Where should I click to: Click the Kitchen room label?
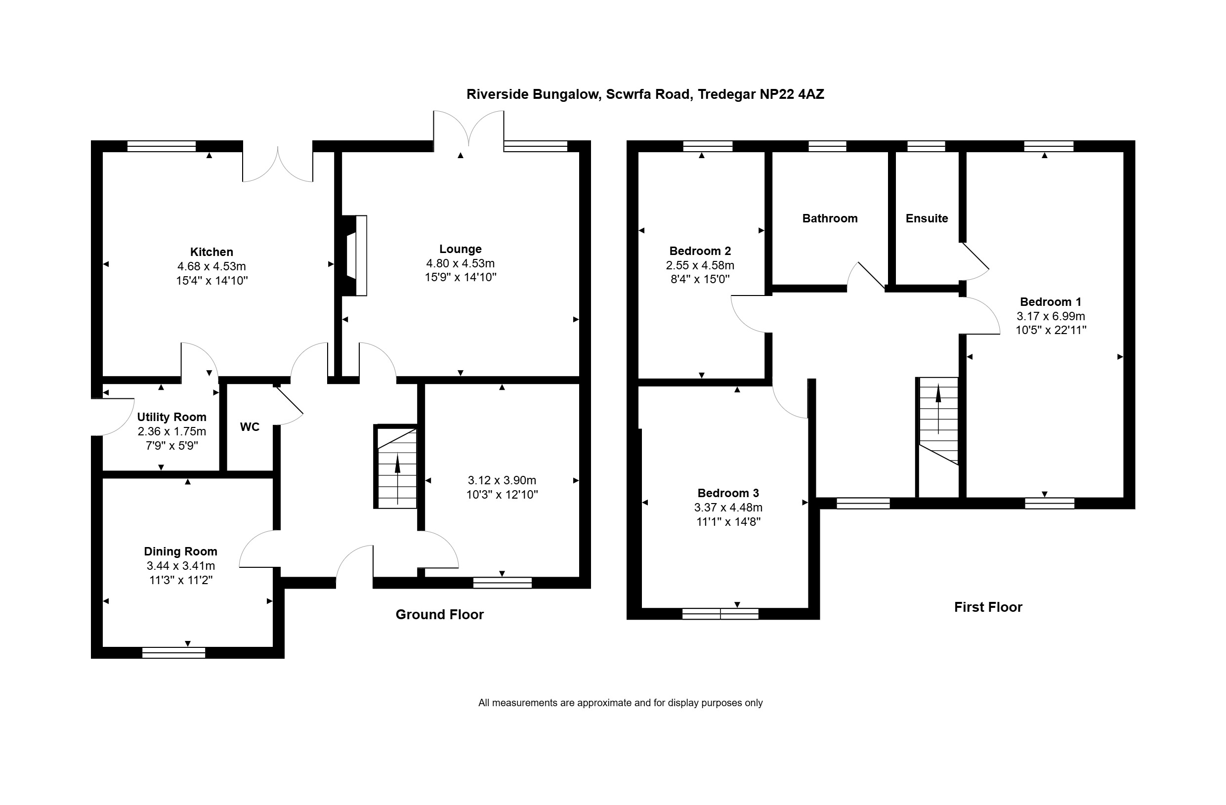coord(211,252)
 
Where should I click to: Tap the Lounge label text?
coord(461,249)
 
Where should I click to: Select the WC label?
coord(250,427)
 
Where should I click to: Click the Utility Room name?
coord(171,417)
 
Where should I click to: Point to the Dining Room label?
coord(181,551)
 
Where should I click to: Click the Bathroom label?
coord(830,218)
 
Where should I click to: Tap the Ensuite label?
coord(927,218)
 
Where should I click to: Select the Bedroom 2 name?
coord(700,252)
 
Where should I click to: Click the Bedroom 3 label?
coord(728,493)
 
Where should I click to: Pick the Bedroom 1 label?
coord(1051,302)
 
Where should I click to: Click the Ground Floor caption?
coord(439,614)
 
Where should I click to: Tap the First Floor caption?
coord(988,607)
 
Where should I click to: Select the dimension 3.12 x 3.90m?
coord(502,480)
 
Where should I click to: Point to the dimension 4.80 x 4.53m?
coord(461,264)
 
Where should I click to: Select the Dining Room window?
coord(173,653)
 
